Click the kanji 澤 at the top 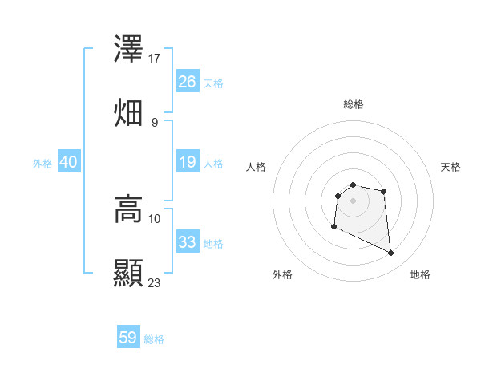point(128,50)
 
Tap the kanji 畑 point(128,111)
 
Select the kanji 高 point(128,209)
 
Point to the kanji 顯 point(128,273)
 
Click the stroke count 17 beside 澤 point(155,58)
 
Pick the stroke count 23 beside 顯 point(155,282)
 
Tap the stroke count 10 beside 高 point(155,217)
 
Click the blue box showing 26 point(188,81)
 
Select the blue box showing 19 point(188,162)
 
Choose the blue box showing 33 point(188,242)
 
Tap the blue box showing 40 point(69,162)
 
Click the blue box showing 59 point(128,338)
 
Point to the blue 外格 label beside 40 point(42,163)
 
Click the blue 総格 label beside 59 point(154,339)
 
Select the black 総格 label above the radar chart point(354,104)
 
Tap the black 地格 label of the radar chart point(420,274)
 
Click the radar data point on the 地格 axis point(391,253)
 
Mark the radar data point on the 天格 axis point(384,191)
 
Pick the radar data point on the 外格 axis point(333,227)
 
